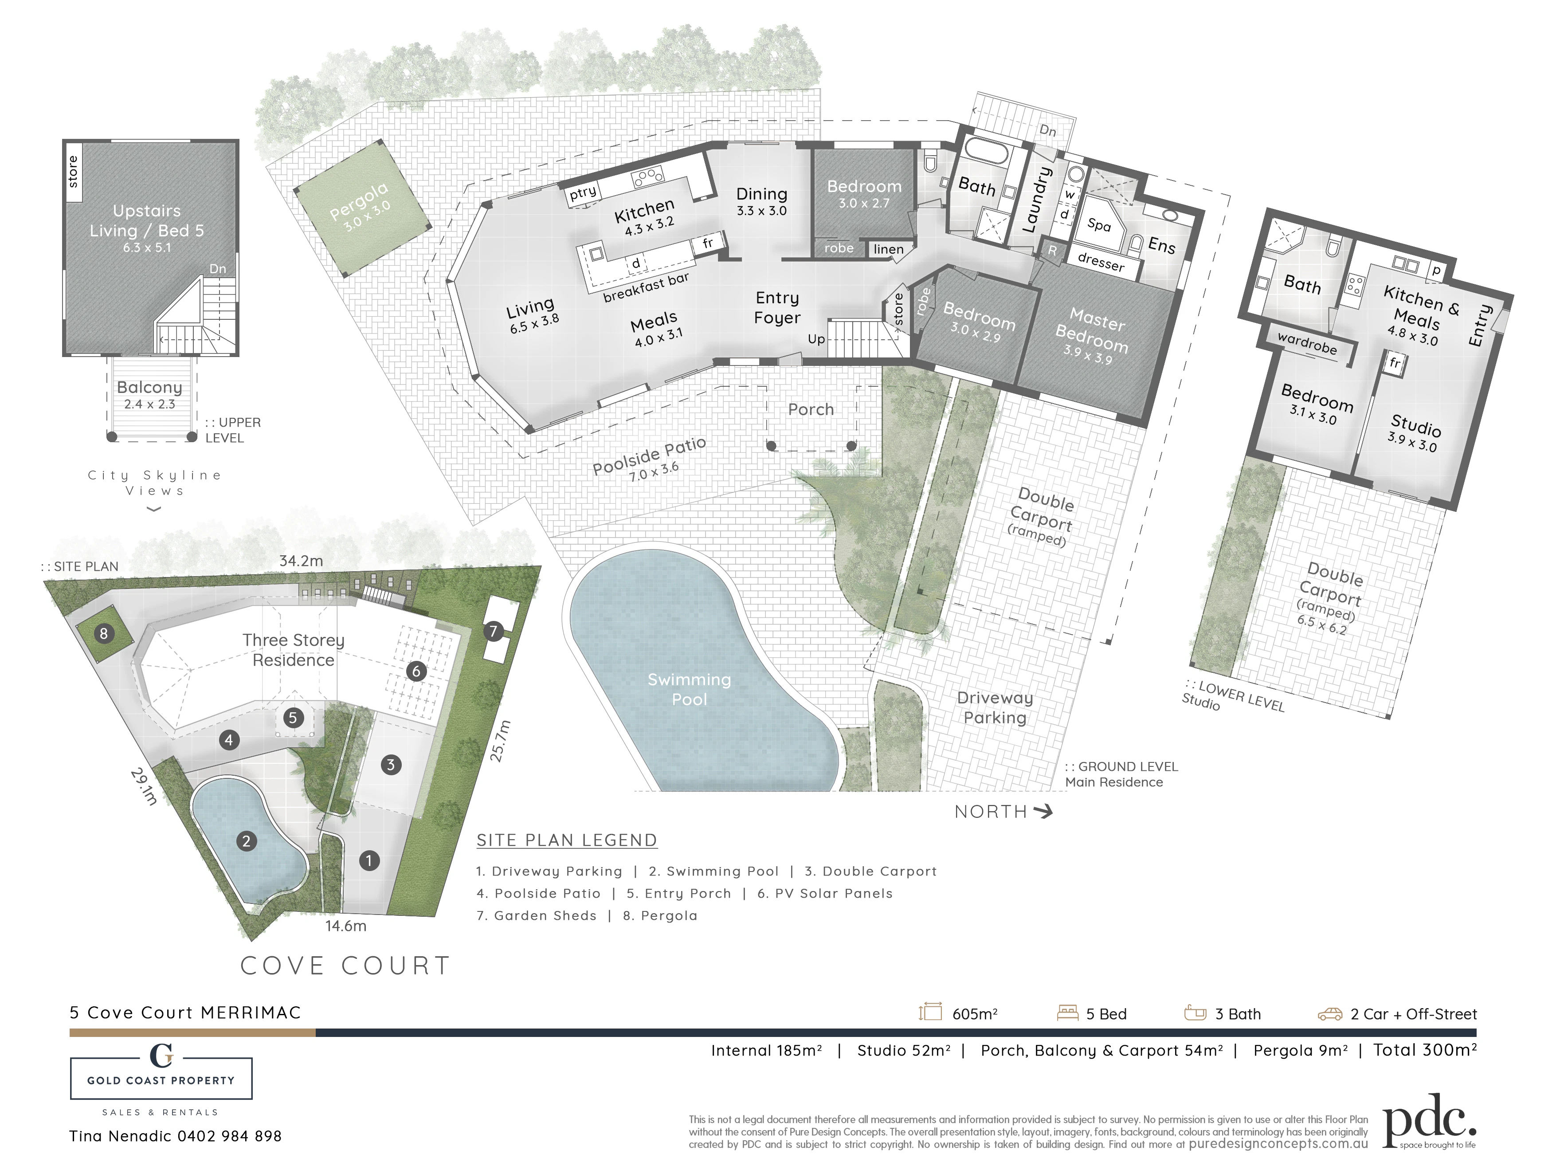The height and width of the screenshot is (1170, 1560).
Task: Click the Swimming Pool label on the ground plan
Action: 689,689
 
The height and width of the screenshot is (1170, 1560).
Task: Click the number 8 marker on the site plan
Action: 104,633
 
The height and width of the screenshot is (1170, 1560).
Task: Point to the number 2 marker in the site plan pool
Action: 246,840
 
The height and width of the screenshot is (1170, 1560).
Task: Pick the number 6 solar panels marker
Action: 416,671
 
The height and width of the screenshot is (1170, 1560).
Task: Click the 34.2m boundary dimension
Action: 301,561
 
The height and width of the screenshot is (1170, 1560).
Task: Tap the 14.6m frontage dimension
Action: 345,926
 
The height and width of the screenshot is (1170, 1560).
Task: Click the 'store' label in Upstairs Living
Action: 73,171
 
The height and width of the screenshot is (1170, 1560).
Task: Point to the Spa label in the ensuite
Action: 1099,225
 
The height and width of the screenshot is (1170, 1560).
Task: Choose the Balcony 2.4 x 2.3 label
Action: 149,395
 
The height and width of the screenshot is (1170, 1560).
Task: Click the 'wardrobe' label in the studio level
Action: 1307,343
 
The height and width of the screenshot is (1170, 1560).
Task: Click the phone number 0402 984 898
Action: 229,1136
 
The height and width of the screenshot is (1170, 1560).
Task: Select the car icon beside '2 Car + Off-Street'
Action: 1330,1014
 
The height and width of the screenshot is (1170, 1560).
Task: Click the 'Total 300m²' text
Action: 1425,1050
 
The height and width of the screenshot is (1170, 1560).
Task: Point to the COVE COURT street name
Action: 345,966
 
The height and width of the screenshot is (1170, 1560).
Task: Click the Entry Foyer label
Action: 777,307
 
